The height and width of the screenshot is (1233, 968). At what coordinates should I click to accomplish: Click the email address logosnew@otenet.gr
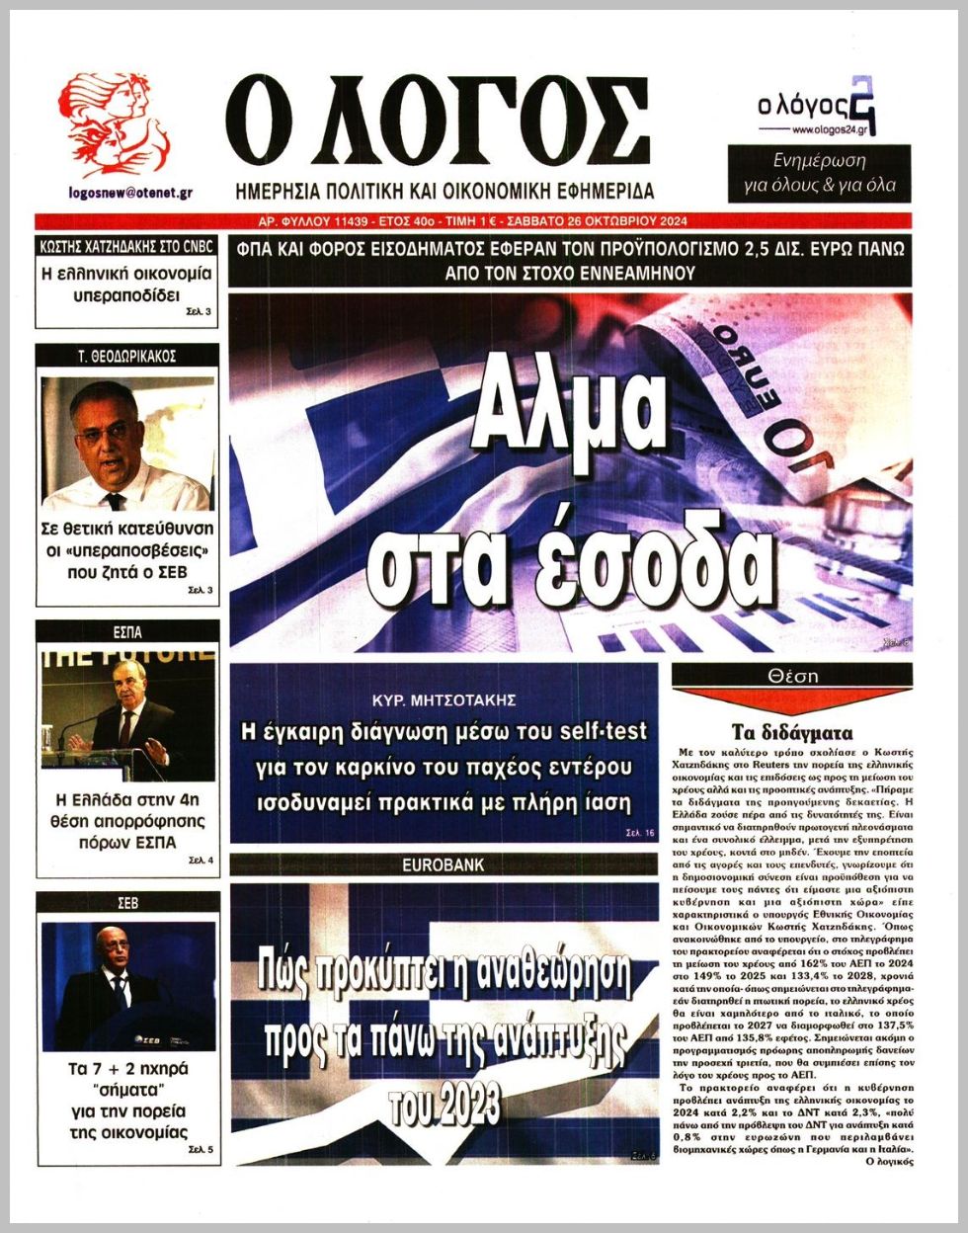tap(130, 193)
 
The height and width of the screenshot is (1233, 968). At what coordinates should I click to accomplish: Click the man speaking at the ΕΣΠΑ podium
tap(128, 721)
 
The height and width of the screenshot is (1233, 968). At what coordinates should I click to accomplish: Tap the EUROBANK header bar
tap(444, 865)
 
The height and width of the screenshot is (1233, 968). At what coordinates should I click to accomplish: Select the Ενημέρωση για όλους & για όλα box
tap(818, 174)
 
